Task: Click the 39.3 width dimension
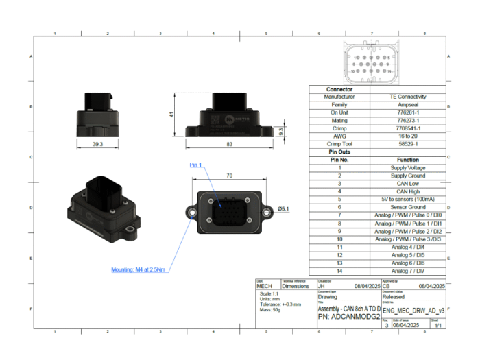(x=97, y=145)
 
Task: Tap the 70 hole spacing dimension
(x=229, y=176)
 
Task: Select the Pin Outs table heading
(x=339, y=152)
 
